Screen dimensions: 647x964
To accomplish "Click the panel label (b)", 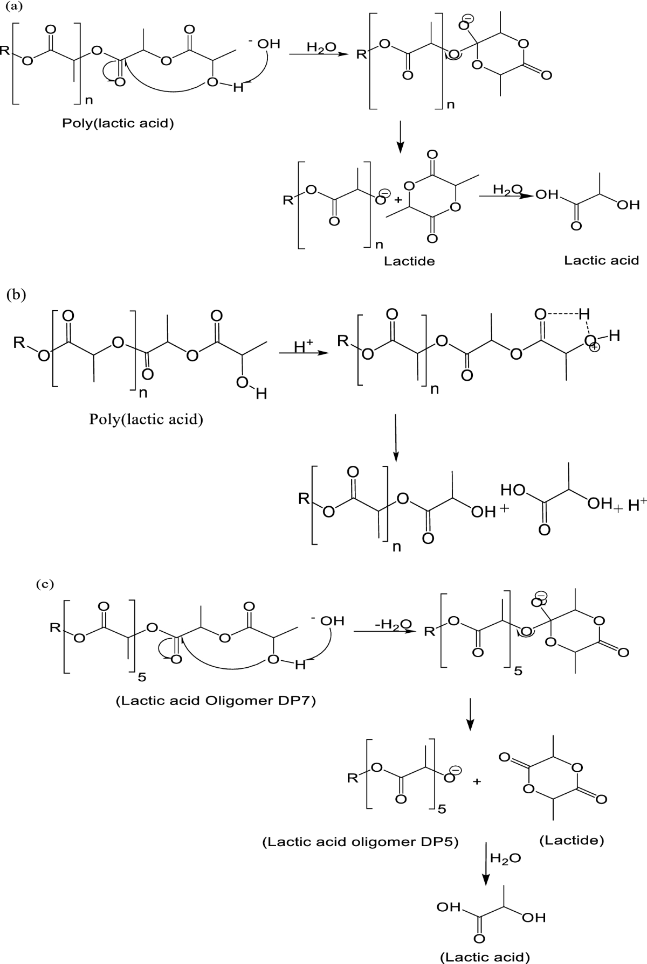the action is coord(16,295).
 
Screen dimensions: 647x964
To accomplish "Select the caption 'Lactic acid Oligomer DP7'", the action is coord(215,701).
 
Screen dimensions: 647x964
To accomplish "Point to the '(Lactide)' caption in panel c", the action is coord(571,840).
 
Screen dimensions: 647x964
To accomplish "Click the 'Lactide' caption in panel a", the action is coord(409,261).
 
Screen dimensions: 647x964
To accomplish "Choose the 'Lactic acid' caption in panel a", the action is coord(601,261).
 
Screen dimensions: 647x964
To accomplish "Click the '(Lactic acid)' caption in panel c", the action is coord(485,956).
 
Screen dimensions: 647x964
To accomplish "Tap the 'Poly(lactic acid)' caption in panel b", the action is coord(146,419).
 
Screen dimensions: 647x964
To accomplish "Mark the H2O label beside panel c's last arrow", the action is coord(506,858).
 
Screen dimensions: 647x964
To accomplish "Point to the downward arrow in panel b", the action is coord(396,437).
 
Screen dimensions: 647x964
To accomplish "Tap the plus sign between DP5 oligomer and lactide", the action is coord(477,781).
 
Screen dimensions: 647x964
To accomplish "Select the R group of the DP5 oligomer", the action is coord(352,778).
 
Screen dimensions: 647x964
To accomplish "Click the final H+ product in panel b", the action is coord(637,505).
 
